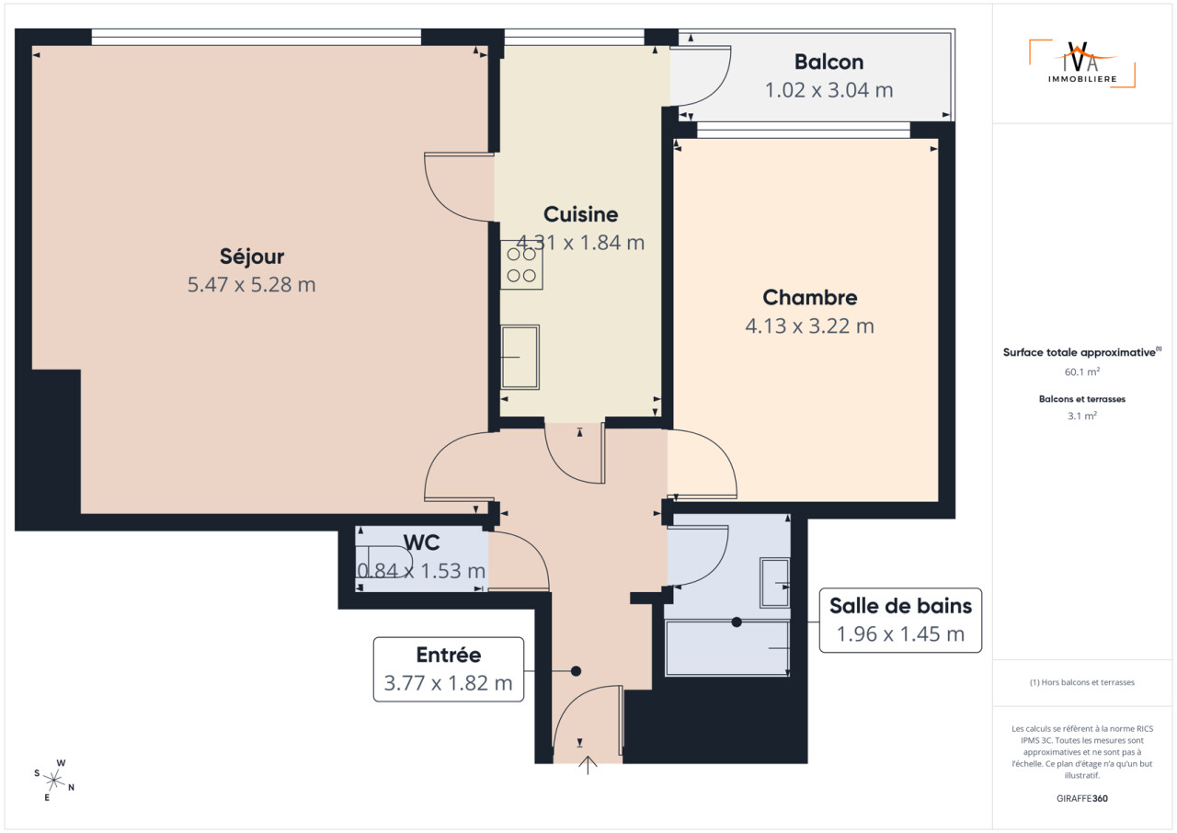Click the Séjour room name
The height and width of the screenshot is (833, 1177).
click(x=252, y=257)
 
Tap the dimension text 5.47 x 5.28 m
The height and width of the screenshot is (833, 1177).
click(x=252, y=285)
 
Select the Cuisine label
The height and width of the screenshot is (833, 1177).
click(x=580, y=214)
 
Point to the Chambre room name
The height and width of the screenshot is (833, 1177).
click(x=810, y=298)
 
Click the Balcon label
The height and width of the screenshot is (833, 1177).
click(x=828, y=62)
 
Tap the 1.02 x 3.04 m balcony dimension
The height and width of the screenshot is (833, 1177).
click(x=828, y=90)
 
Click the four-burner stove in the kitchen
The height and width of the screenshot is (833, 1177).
click(x=521, y=265)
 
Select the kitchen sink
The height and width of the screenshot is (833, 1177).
click(x=520, y=357)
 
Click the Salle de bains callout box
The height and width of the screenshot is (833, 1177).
click(x=900, y=621)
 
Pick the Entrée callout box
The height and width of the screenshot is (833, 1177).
click(x=448, y=669)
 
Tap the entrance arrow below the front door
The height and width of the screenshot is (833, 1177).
click(x=588, y=765)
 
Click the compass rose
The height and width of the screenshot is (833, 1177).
click(x=54, y=780)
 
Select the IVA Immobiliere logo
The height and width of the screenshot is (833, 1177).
click(x=1082, y=63)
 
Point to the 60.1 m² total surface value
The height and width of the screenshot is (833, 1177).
click(x=1082, y=371)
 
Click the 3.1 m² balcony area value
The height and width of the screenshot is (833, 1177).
click(x=1082, y=416)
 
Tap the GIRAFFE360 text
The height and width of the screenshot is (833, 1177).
click(x=1082, y=798)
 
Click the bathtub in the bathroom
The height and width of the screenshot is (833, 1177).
click(x=727, y=648)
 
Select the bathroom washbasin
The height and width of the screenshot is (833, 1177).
click(x=775, y=583)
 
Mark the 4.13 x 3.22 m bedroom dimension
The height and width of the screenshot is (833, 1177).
click(x=810, y=326)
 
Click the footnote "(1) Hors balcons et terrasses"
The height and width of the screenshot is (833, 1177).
click(x=1082, y=682)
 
